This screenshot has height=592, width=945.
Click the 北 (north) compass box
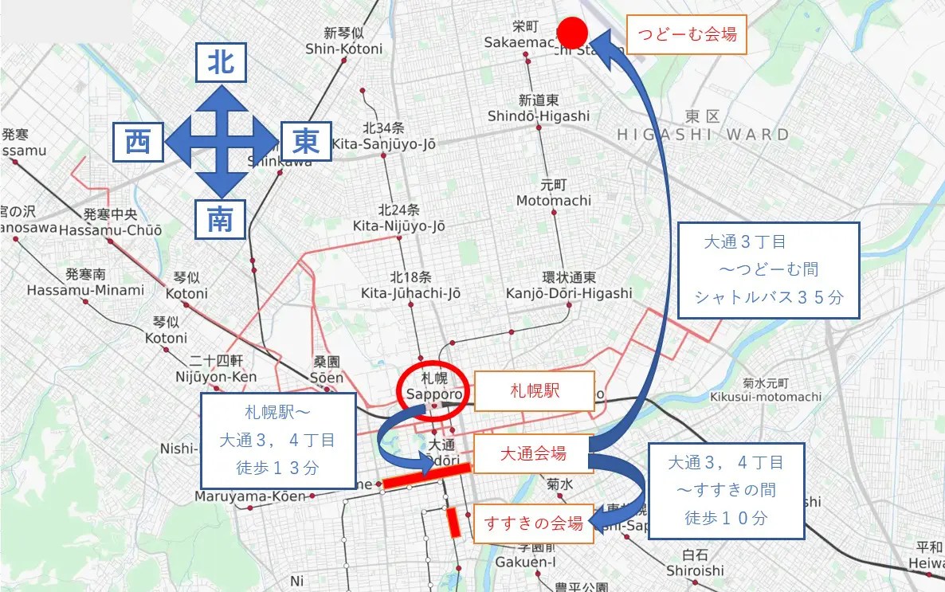click(221, 63)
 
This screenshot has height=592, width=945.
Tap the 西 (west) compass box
click(139, 142)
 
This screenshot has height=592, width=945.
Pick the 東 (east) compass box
click(306, 142)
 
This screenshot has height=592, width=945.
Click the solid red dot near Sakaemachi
click(572, 33)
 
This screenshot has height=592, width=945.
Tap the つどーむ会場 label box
click(687, 35)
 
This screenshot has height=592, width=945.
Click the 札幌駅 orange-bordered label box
click(535, 391)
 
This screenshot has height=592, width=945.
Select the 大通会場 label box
click(533, 454)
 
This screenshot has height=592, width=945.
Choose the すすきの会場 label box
click(534, 523)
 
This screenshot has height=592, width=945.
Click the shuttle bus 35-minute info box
click(768, 270)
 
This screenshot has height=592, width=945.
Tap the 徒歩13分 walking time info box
click(278, 439)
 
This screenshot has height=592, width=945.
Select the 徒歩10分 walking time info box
click(725, 490)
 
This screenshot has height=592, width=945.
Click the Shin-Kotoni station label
click(343, 41)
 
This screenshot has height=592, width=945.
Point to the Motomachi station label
click(554, 192)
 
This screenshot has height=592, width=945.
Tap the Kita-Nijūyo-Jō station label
click(399, 218)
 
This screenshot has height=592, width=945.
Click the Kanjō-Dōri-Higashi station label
click(569, 285)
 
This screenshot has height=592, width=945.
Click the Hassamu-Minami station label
click(85, 282)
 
